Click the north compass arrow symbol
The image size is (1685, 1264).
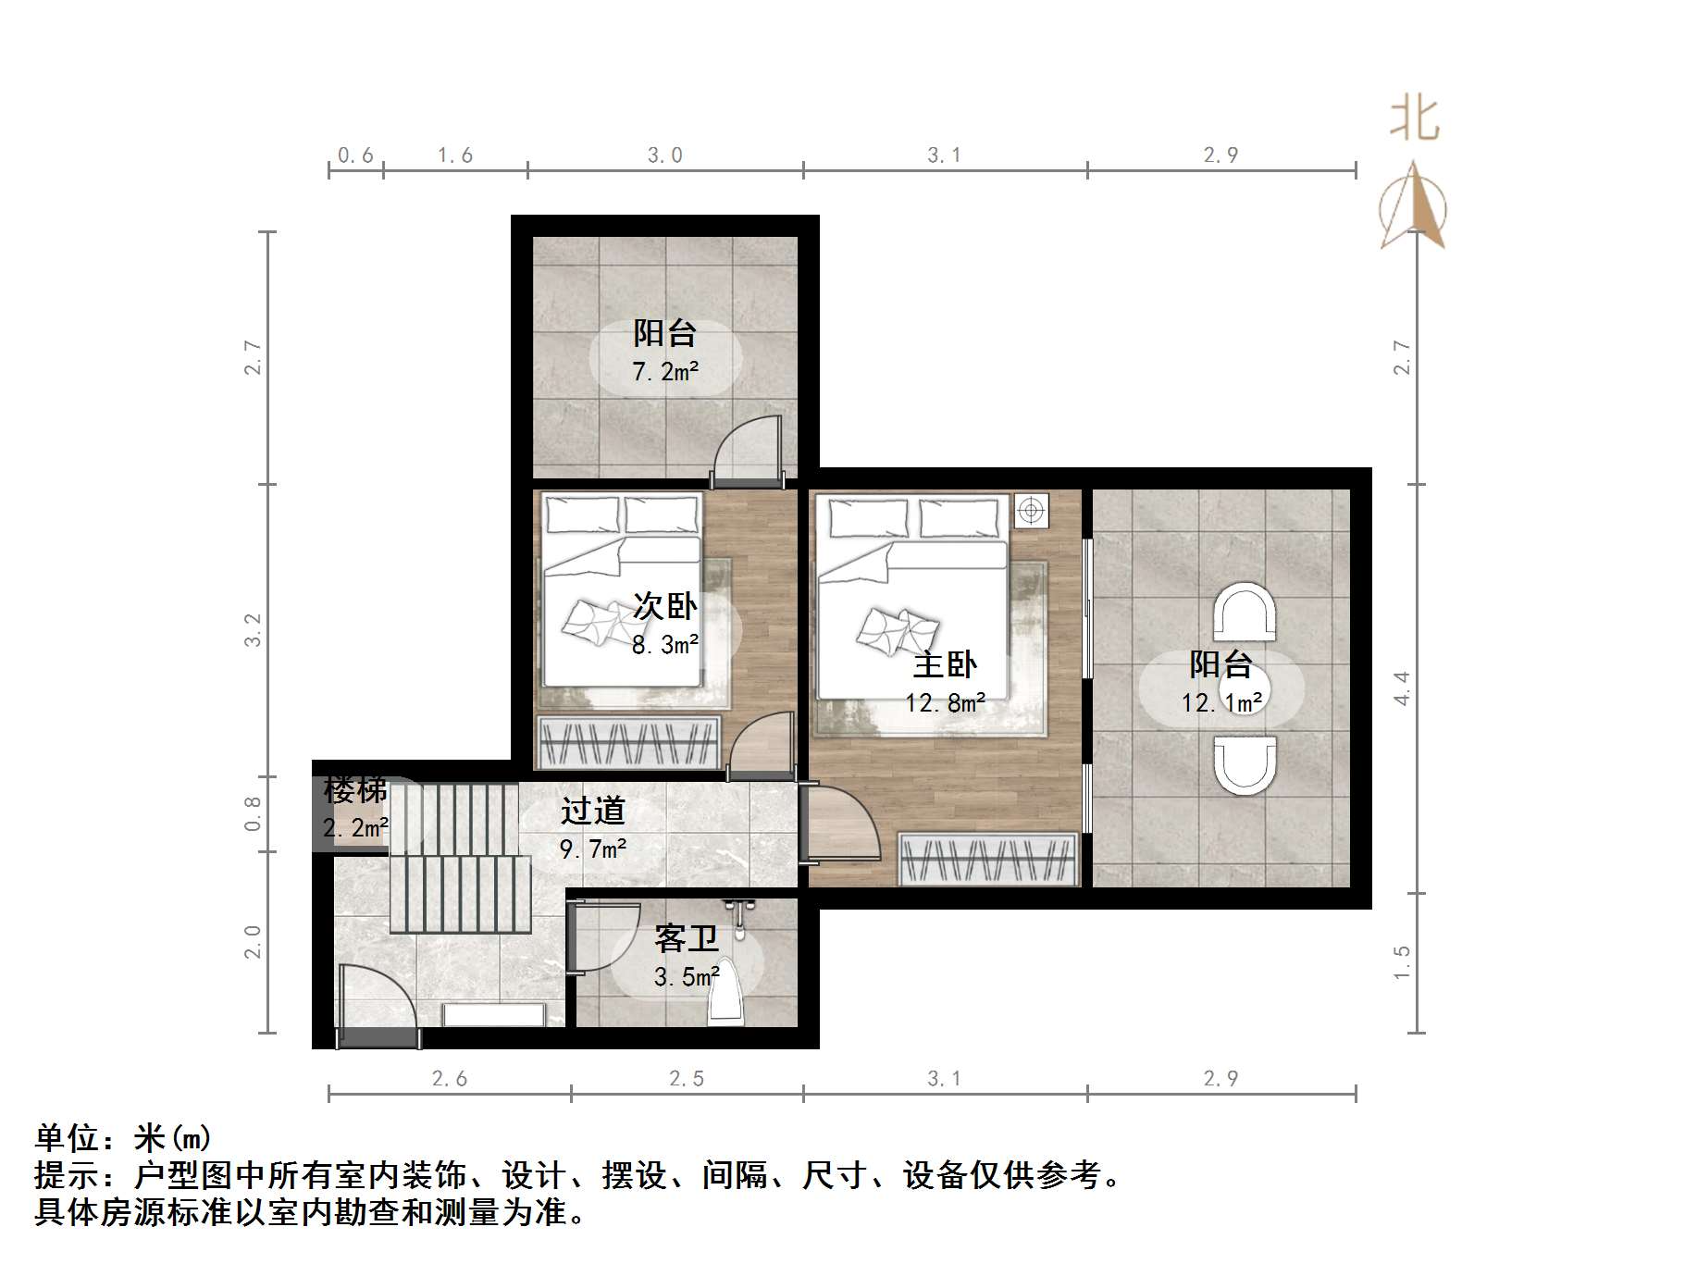1413,206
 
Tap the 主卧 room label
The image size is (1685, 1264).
945,664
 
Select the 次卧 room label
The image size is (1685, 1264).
664,606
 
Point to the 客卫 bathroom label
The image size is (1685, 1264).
686,938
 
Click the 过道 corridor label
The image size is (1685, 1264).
593,811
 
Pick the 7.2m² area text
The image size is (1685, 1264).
664,372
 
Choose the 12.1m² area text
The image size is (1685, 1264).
1221,703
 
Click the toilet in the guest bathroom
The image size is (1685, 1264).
726,995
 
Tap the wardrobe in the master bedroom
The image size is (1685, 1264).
988,860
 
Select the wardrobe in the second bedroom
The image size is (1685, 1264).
629,742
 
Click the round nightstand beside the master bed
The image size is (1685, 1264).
1031,510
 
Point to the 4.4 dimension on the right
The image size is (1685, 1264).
1403,688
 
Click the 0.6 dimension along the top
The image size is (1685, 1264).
355,155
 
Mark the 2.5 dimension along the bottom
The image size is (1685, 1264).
687,1078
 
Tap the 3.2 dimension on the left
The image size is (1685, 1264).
253,630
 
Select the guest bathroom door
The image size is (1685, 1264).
603,937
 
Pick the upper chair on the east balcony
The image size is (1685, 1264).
1245,612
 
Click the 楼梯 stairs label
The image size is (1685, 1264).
355,790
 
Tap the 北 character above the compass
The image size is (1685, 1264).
1414,119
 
